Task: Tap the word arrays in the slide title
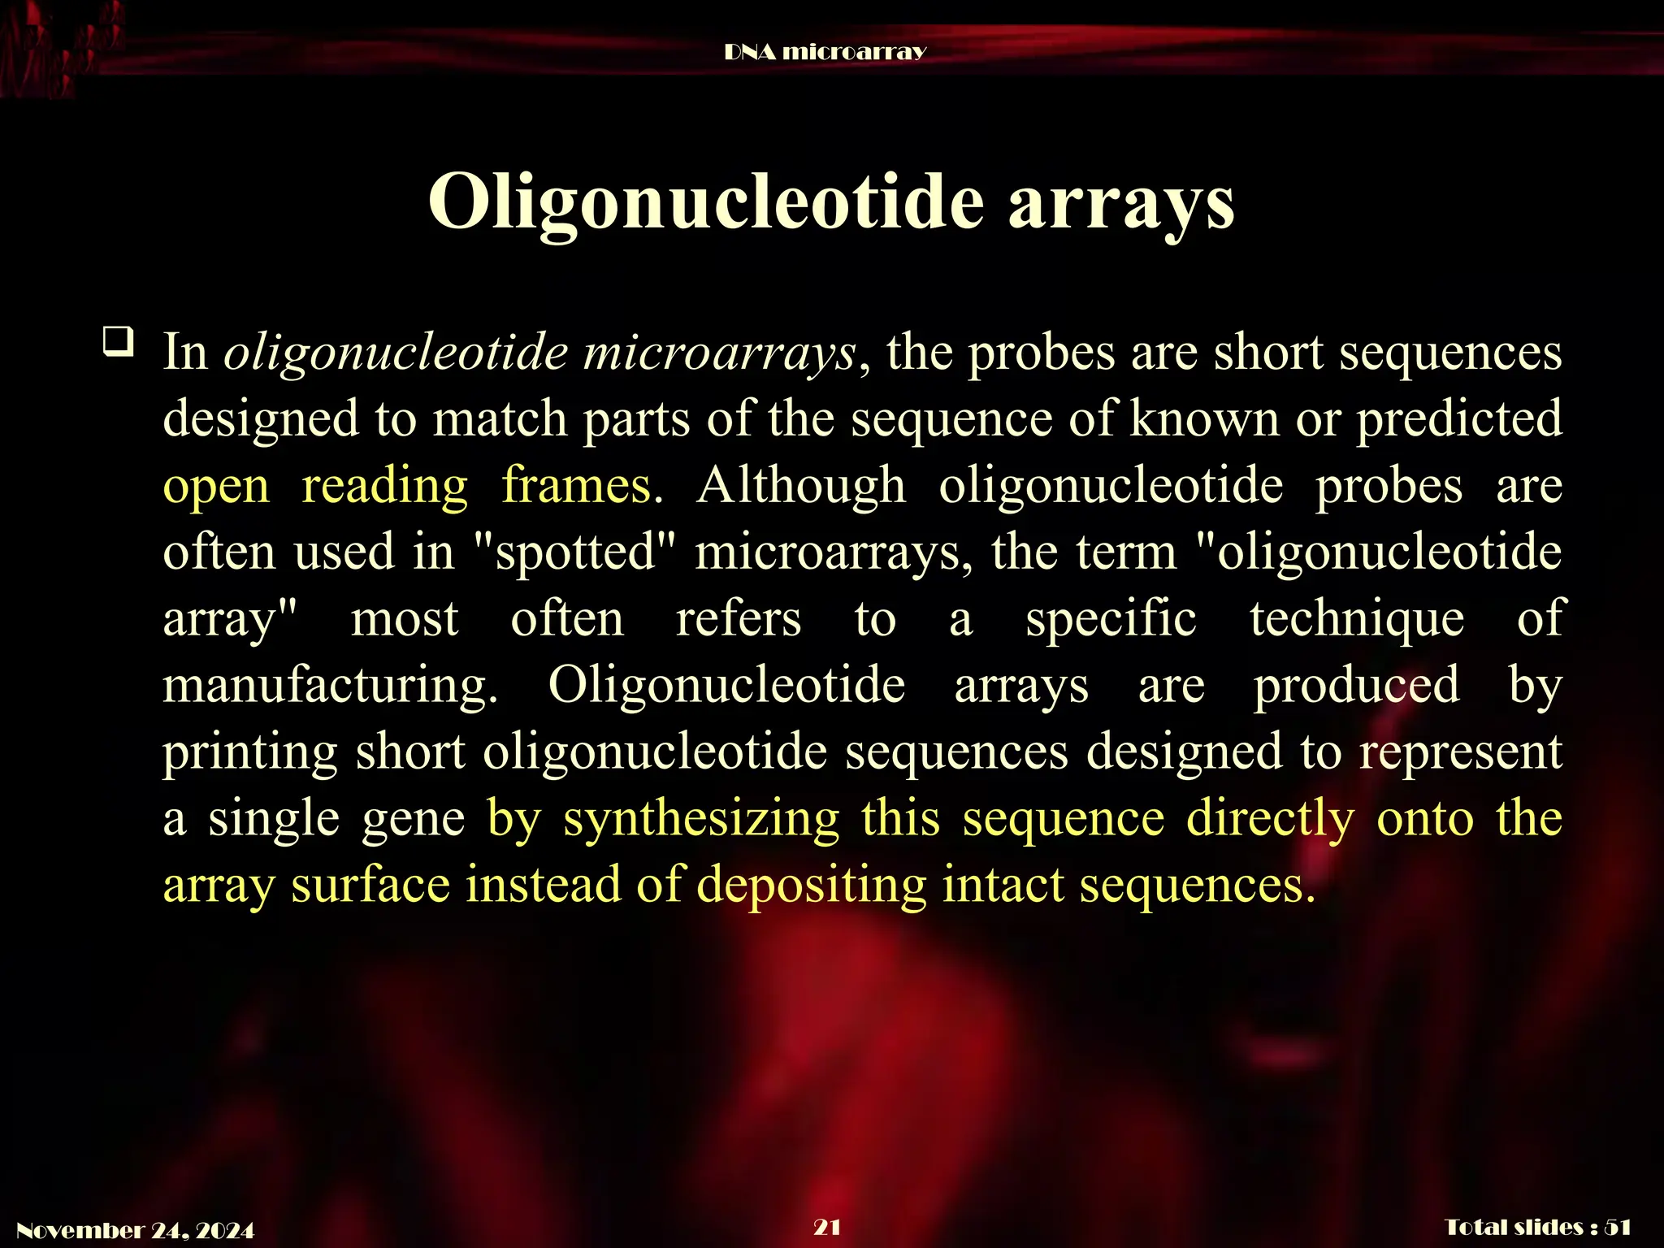coord(1121,203)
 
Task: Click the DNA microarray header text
coord(825,52)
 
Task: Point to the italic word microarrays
coord(718,353)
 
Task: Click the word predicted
coord(1459,419)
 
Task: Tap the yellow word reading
coord(384,486)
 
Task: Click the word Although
coord(800,486)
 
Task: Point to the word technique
coord(1357,619)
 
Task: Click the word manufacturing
coord(330,686)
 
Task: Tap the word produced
coord(1356,686)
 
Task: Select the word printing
coord(249,752)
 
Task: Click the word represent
coord(1460,752)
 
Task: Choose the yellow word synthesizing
coord(701,819)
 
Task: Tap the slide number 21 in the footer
coord(827,1227)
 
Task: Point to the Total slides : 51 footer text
coord(1538,1228)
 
